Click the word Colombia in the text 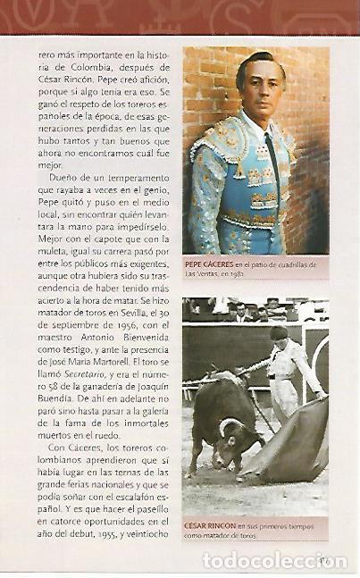(x=83, y=68)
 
